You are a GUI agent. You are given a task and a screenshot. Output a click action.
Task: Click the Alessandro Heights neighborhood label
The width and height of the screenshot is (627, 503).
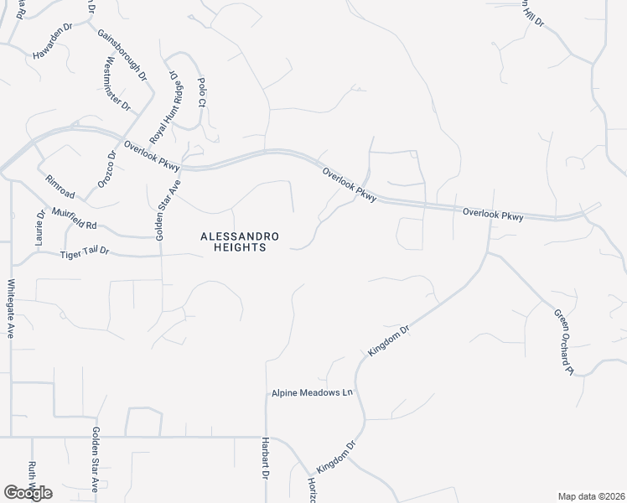coord(233,241)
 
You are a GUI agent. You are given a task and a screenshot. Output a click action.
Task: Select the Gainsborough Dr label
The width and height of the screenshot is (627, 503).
coord(122,54)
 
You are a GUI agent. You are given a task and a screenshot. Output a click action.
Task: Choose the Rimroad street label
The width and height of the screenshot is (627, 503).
coord(61,187)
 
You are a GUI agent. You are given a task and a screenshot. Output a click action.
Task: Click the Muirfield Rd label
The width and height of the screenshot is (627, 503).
coord(75,219)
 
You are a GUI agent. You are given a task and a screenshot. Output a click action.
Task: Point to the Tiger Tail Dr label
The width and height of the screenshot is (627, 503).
coord(85,254)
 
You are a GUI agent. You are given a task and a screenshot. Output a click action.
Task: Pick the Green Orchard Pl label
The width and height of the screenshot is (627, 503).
coord(562,342)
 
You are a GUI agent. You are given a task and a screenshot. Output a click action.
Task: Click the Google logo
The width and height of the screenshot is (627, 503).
coord(28,493)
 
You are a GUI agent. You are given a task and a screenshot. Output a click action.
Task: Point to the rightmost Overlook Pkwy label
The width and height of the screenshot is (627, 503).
coord(493,215)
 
